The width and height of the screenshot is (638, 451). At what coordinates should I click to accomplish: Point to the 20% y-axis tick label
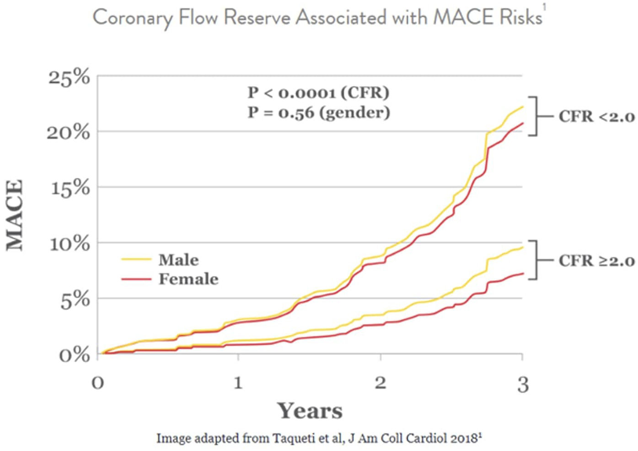coord(69,133)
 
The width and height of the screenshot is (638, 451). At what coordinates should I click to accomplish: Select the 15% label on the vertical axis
coord(70,188)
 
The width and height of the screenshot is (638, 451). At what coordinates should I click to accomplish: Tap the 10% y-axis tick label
coord(70,244)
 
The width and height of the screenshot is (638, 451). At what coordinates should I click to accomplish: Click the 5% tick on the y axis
coord(75,300)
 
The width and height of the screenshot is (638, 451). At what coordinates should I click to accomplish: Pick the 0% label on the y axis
coord(75,355)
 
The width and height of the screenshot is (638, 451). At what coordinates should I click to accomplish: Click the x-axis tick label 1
coord(238,383)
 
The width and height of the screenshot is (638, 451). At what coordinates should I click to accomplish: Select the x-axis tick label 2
coord(380,383)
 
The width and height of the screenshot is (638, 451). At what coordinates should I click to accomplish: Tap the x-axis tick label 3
coord(523,384)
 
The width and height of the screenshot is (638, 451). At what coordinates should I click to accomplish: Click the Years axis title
coord(310,411)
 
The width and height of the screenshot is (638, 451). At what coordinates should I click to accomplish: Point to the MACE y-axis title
coord(15,215)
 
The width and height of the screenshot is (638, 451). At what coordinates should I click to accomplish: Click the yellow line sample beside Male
coord(136,259)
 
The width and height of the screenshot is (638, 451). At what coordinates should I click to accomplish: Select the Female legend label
coord(188,279)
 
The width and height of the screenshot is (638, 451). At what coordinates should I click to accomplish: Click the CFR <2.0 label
coord(596,117)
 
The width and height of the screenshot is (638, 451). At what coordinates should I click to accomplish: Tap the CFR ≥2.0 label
coord(596,261)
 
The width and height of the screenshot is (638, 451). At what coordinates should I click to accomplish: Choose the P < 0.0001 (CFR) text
coord(318,93)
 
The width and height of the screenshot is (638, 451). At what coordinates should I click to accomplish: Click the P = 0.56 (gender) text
coord(319,113)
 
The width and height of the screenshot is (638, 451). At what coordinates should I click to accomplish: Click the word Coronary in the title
coord(133,18)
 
